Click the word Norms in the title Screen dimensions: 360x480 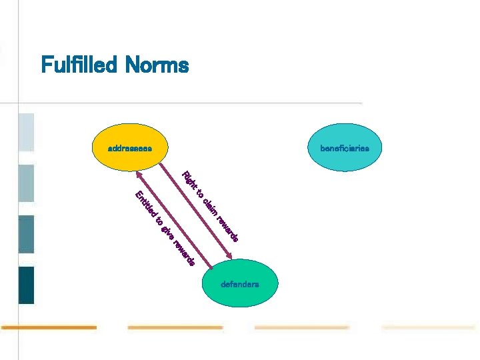click(x=161, y=65)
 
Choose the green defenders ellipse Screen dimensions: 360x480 click(x=240, y=284)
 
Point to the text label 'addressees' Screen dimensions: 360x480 click(x=129, y=147)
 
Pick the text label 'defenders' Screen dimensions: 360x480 click(x=240, y=285)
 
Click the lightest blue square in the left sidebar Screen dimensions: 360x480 click(x=26, y=132)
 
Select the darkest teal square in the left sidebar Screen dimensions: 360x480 click(x=26, y=285)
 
